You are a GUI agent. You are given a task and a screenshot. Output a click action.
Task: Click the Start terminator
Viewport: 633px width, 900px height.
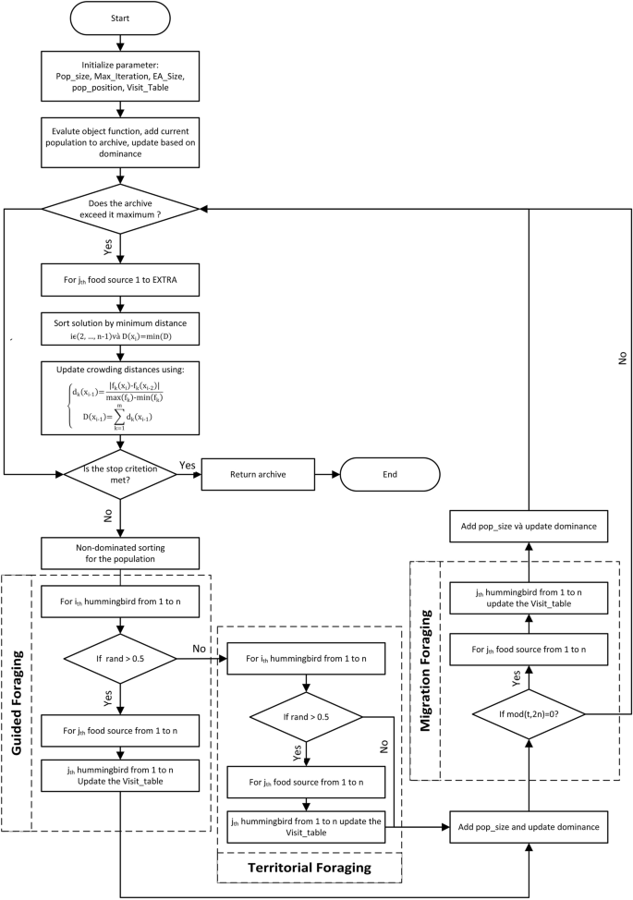121,18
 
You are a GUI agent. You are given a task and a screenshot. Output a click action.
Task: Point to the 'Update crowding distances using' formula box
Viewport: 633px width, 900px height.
121,393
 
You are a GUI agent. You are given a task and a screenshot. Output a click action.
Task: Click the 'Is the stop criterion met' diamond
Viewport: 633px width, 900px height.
121,473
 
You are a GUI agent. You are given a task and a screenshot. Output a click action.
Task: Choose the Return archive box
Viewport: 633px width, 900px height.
255,473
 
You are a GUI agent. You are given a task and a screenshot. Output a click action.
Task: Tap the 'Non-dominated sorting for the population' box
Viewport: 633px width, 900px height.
121,552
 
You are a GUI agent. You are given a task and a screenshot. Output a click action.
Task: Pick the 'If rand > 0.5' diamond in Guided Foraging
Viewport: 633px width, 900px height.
121,659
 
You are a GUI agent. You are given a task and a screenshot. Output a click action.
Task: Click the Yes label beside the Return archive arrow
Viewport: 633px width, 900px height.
187,464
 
